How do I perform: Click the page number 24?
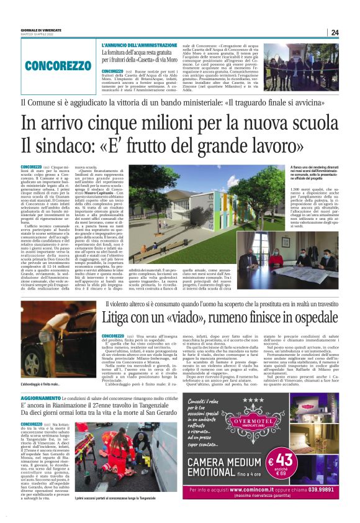pyautogui.click(x=335, y=33)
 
